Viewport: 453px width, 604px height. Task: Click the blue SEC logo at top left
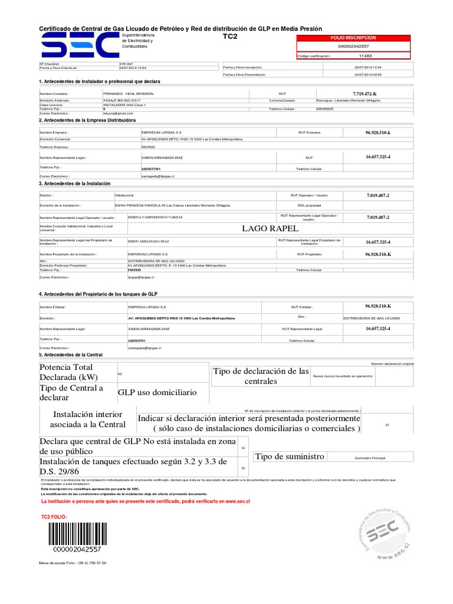click(78, 45)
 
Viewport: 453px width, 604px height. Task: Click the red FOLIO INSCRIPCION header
click(354, 37)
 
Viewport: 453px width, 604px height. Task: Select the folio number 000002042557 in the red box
click(354, 46)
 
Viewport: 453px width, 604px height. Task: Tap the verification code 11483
click(366, 56)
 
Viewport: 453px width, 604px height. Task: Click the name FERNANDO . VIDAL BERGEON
click(127, 94)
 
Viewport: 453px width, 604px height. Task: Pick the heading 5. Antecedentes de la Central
click(71, 354)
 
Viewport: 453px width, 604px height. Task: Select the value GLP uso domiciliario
click(157, 392)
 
